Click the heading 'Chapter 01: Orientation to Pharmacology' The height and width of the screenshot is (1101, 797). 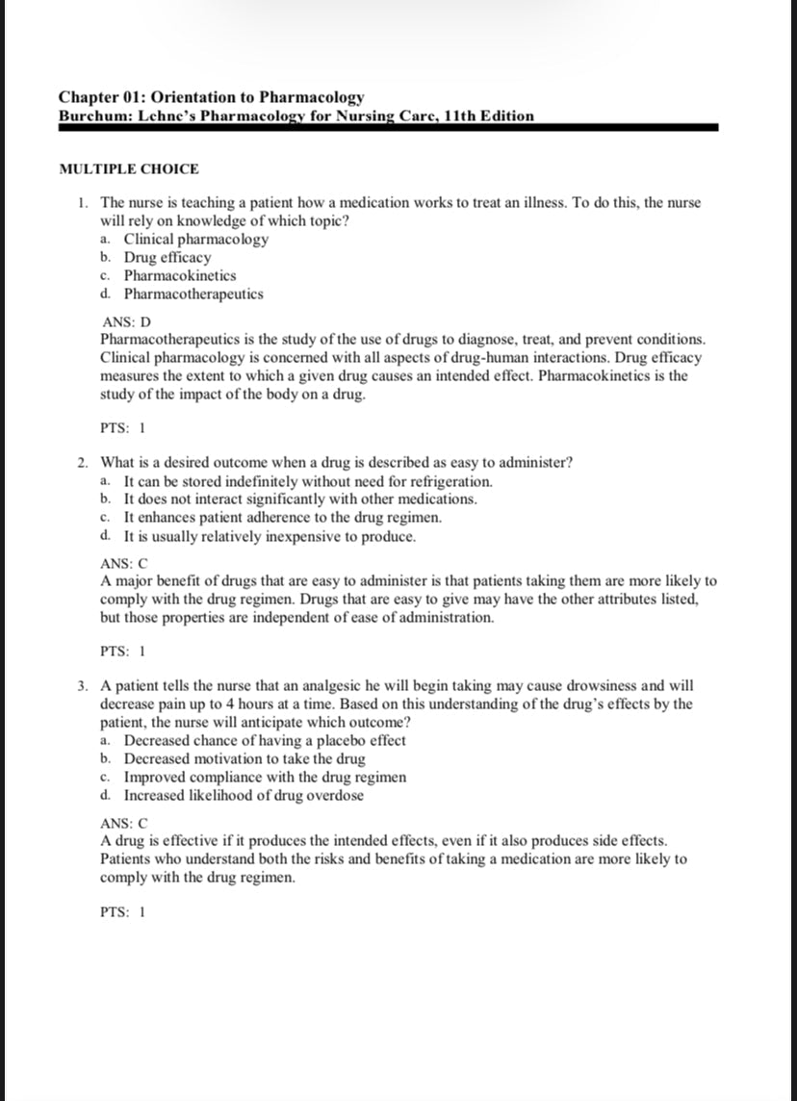point(212,97)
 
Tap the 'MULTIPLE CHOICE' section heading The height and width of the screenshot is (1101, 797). point(129,169)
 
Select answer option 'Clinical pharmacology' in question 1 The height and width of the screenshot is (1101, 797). point(196,240)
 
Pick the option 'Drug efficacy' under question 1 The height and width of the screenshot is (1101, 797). point(167,258)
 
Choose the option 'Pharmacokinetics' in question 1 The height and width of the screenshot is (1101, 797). point(180,276)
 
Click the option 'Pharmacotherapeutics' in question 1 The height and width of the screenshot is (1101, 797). point(193,294)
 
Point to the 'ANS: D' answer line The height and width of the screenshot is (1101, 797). point(127,321)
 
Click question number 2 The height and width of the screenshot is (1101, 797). point(85,463)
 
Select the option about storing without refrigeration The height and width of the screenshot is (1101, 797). point(308,481)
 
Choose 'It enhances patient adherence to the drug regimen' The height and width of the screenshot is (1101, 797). point(283,518)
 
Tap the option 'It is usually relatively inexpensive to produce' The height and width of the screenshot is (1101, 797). point(270,536)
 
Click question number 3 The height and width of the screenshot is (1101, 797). point(85,686)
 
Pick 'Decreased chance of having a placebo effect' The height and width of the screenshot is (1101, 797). point(265,741)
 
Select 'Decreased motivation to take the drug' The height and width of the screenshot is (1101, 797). point(244,759)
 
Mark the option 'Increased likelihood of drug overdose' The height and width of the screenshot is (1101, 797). point(244,796)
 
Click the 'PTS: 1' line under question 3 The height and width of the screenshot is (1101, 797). point(123,912)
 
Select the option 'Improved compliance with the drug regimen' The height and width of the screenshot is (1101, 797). point(265,778)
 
